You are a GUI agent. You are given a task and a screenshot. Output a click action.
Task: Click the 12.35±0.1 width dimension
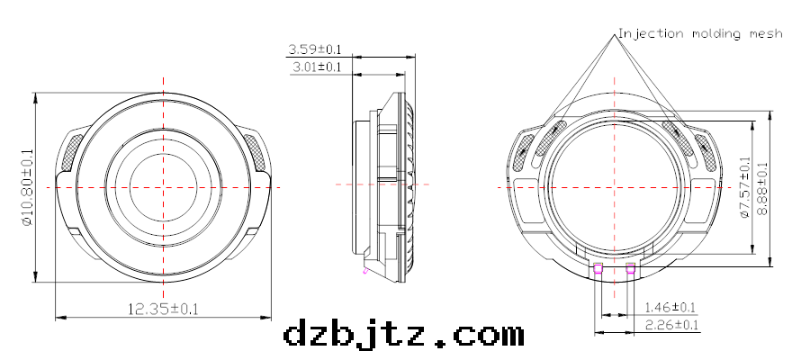tap(163, 309)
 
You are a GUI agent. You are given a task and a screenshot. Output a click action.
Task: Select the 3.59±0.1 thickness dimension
tap(314, 49)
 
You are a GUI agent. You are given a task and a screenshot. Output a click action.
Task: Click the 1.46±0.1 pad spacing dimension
tap(670, 307)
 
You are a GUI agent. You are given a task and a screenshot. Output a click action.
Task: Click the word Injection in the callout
tap(651, 33)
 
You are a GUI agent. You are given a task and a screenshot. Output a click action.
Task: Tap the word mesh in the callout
tap(766, 33)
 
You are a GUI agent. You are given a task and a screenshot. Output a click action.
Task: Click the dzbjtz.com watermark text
tap(403, 335)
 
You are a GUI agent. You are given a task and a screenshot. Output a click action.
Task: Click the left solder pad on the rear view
tap(598, 266)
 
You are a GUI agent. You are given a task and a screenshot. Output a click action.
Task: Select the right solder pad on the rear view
tap(630, 266)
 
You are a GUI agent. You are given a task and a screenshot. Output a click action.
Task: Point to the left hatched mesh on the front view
tap(69, 150)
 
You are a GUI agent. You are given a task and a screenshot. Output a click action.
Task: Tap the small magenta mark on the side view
tap(364, 268)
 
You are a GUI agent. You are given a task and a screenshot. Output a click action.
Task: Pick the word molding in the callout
tap(717, 33)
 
